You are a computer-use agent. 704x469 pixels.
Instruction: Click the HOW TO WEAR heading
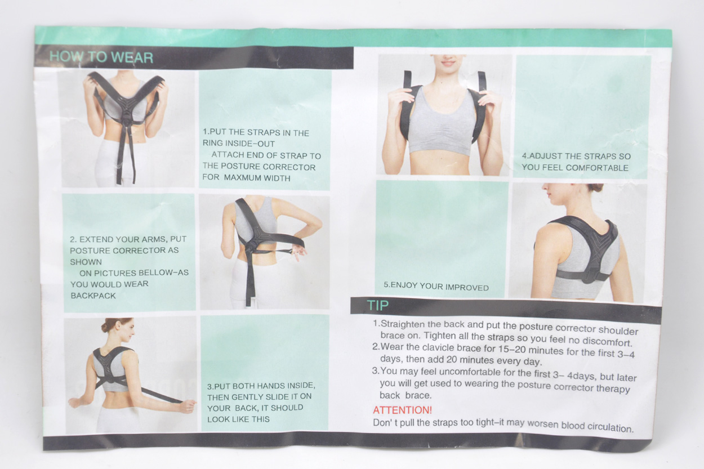pos(101,57)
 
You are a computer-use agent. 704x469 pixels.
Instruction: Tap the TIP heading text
pos(378,305)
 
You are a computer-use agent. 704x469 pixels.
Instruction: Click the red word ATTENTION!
pos(402,410)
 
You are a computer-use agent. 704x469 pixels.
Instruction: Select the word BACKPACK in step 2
pos(93,296)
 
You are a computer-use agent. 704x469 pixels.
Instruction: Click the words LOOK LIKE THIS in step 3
pos(239,419)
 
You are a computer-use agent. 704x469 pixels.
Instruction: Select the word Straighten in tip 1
pos(402,324)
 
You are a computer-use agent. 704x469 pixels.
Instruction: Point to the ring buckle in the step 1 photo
pos(126,119)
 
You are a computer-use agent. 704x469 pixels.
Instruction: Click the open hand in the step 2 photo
pos(297,253)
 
